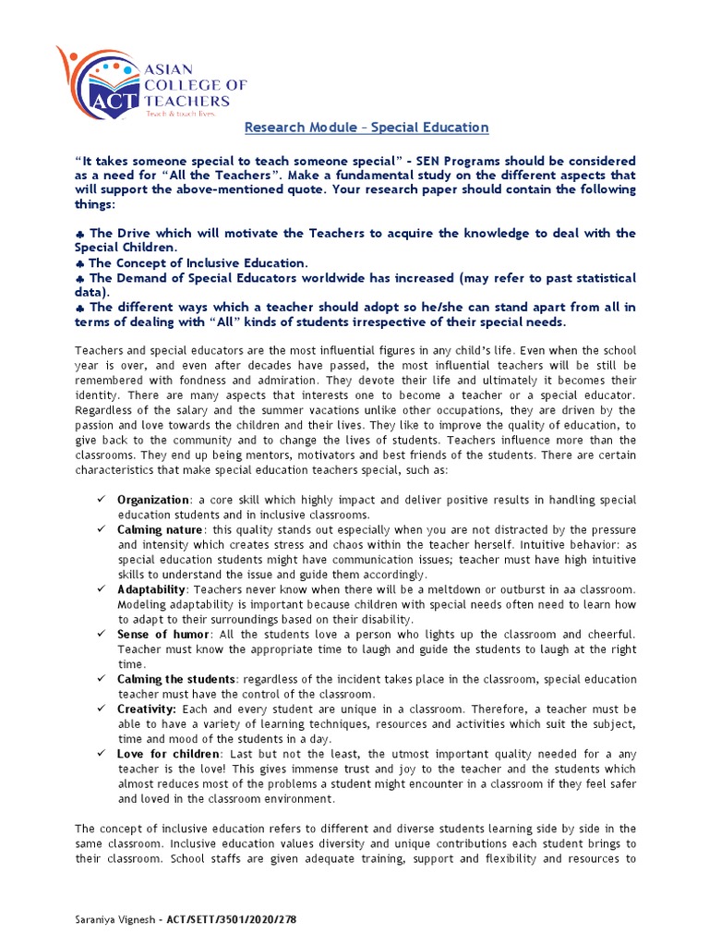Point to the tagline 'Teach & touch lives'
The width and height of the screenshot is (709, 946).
(x=181, y=115)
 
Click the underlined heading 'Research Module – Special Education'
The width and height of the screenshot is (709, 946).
(x=366, y=127)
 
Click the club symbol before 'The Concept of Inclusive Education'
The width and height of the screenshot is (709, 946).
(x=79, y=263)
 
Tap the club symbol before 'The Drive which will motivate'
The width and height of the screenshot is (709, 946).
(x=79, y=234)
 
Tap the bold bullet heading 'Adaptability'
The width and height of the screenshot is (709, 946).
(x=151, y=589)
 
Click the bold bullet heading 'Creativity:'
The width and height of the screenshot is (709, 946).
(x=147, y=709)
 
